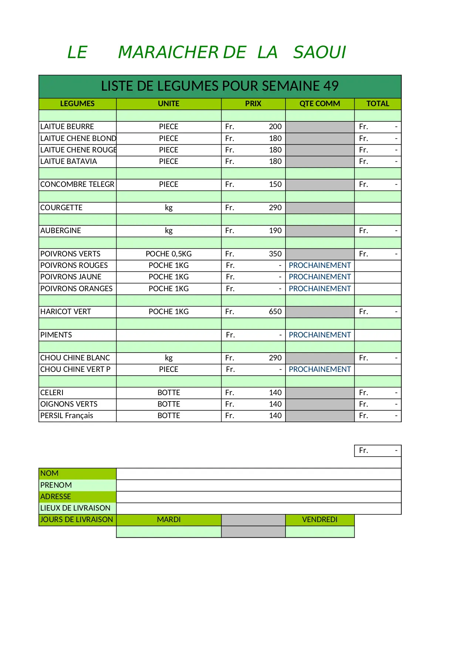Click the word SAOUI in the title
click(320, 53)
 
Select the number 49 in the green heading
click(331, 86)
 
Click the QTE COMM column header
click(320, 104)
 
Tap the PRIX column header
click(253, 104)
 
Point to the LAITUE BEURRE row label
click(67, 127)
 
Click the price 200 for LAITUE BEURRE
click(275, 127)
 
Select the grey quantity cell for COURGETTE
click(320, 208)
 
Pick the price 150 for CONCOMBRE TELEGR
click(275, 185)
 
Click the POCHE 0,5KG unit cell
click(169, 254)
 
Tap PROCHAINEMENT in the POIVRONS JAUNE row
click(320, 277)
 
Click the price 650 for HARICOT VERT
click(275, 312)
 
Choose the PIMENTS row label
click(56, 335)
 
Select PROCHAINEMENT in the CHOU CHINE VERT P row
click(320, 370)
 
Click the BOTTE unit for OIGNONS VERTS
click(169, 404)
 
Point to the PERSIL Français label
click(67, 416)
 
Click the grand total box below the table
click(378, 451)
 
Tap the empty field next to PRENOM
click(259, 485)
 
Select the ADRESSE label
click(55, 497)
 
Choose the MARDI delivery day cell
click(169, 520)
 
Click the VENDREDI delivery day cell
click(320, 520)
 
